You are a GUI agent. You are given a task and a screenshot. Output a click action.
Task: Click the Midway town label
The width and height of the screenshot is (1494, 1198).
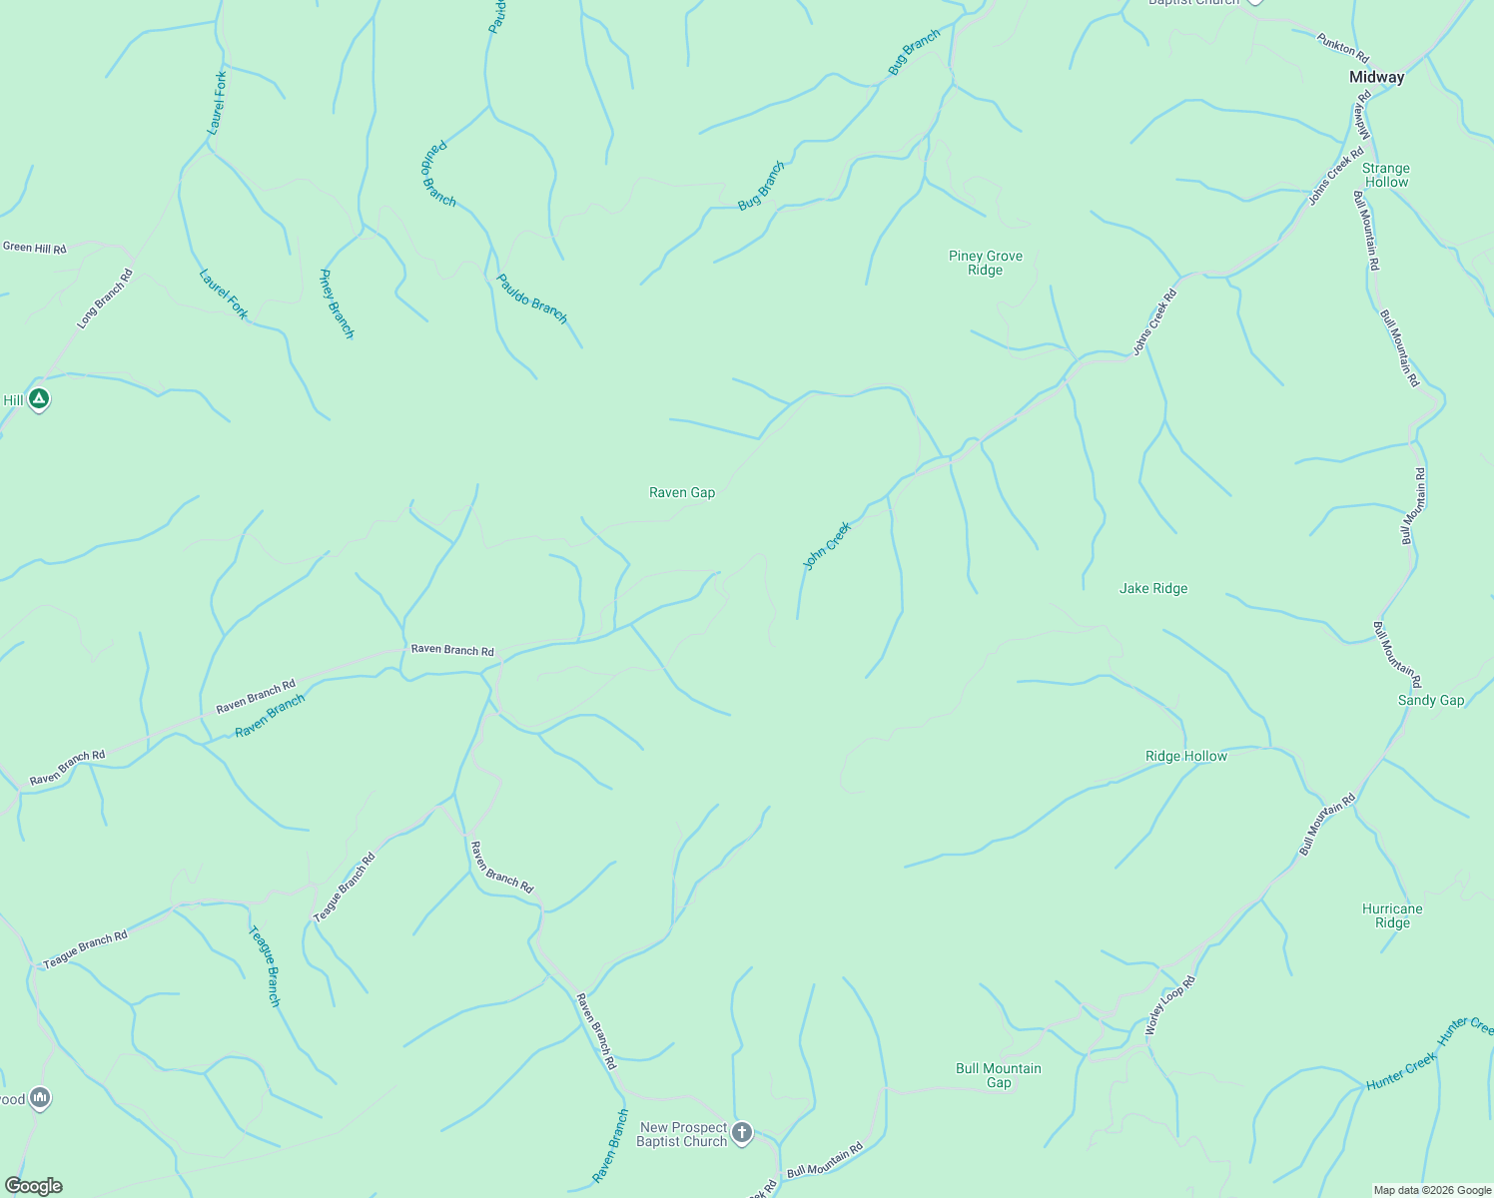click(1376, 77)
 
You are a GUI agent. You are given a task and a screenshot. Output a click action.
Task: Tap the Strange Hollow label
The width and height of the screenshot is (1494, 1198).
click(1385, 176)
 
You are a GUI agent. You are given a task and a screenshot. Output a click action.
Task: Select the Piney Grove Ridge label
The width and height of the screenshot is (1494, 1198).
click(985, 263)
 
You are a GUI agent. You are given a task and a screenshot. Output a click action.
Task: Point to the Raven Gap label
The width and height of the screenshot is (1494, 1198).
click(682, 492)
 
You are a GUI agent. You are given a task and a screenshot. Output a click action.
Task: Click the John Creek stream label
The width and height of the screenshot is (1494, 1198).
click(827, 545)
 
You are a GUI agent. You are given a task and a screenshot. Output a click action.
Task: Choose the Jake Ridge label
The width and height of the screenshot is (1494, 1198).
click(1153, 588)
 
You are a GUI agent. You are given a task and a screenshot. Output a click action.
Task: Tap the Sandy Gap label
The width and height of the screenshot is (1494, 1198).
click(1430, 700)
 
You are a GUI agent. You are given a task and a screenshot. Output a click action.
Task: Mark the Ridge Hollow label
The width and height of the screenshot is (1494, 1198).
click(1185, 756)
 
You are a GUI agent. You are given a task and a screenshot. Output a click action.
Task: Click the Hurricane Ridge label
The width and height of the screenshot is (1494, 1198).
click(1391, 915)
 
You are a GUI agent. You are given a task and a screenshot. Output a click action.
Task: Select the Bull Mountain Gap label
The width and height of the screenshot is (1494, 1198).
click(998, 1075)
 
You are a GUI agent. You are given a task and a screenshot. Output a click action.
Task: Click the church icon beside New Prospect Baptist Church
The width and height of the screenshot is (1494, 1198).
click(741, 1132)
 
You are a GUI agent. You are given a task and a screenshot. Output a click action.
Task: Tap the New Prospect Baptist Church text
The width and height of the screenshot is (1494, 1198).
click(682, 1134)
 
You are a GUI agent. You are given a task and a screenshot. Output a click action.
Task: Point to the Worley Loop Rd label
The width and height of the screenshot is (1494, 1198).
click(1169, 1004)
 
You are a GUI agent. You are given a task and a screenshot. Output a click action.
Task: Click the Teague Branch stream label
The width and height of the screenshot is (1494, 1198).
click(265, 965)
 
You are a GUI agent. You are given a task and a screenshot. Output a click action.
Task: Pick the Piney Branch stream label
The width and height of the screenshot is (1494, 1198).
click(337, 303)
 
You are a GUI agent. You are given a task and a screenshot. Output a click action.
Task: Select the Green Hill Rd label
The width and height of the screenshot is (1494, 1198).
click(34, 248)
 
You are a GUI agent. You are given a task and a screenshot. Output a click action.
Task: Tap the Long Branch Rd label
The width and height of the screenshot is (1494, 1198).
click(105, 299)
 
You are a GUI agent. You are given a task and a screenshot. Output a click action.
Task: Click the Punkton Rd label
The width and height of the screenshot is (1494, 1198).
click(1341, 47)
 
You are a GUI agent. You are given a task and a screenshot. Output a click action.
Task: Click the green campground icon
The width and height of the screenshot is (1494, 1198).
click(38, 399)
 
